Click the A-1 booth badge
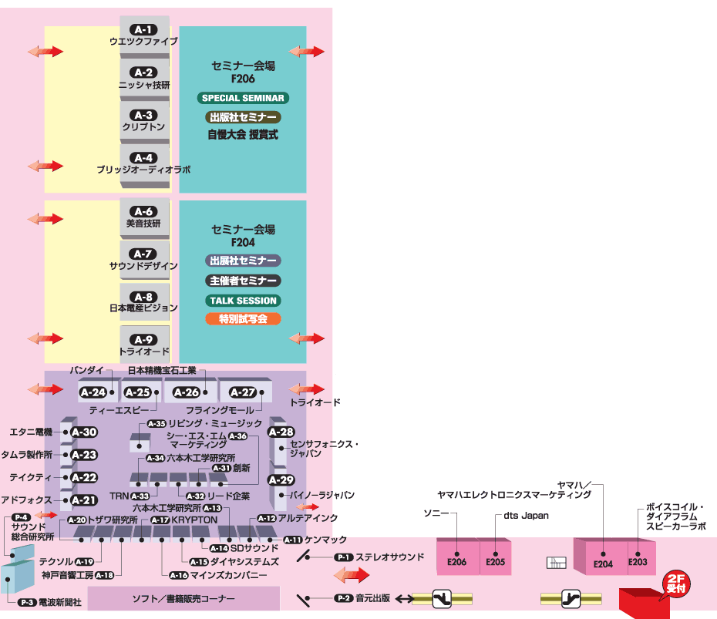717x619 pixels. tap(144, 30)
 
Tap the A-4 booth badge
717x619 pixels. tap(144, 158)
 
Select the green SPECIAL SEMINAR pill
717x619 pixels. tap(243, 98)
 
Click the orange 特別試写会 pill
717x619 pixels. tap(243, 318)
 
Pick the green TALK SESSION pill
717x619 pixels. tap(243, 301)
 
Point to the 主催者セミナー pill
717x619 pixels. tap(243, 281)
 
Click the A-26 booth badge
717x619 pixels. tap(187, 392)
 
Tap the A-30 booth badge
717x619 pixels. tap(84, 432)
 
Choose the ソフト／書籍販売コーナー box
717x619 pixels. tap(183, 599)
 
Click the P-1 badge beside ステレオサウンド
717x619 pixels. tap(343, 557)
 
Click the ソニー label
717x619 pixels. tap(436, 513)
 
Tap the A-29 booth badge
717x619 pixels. tap(281, 480)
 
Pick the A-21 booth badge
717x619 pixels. tap(84, 500)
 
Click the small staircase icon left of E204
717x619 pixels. tap(556, 563)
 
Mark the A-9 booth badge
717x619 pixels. tap(144, 339)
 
